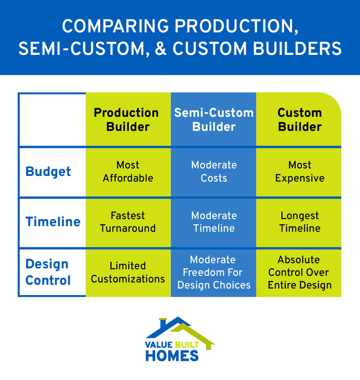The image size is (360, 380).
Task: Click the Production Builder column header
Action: point(128,120)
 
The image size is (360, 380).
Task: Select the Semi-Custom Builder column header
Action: point(214,120)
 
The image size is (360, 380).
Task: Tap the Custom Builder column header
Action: point(299,120)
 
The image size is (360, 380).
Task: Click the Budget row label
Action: point(48,172)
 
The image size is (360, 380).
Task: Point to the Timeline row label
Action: point(53,222)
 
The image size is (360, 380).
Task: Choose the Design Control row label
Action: point(48,273)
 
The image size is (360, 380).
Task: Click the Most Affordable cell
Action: point(128,172)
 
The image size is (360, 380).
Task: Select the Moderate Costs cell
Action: point(214,172)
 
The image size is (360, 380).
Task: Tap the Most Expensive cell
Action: point(299,172)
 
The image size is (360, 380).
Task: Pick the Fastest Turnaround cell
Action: point(128,222)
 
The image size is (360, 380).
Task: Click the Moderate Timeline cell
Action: point(214,222)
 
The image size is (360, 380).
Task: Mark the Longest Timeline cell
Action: point(299,222)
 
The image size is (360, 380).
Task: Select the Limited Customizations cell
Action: point(128,273)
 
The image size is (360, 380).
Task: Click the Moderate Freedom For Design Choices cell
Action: point(214,273)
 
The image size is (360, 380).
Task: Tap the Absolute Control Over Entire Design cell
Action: point(299,273)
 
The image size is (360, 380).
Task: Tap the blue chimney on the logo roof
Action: point(163,323)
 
